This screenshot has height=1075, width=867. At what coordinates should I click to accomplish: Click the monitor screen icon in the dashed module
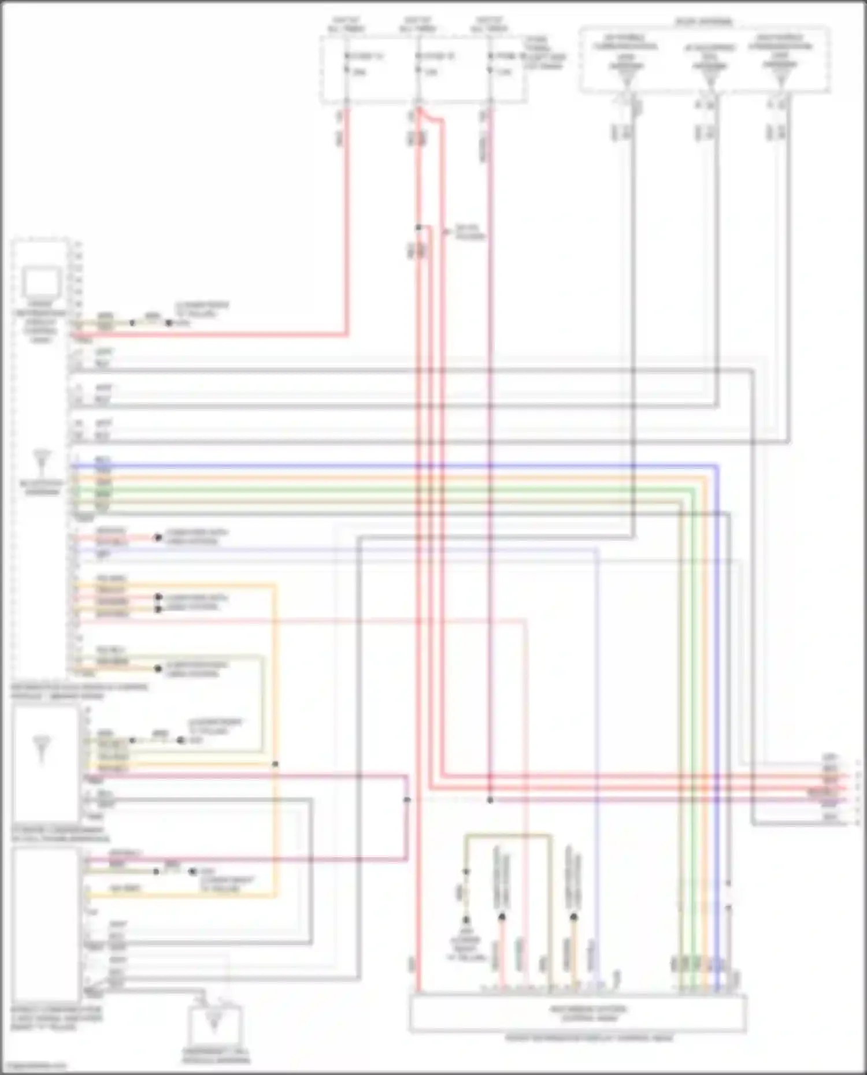pyautogui.click(x=42, y=283)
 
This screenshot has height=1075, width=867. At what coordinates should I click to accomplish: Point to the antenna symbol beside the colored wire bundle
pyautogui.click(x=43, y=462)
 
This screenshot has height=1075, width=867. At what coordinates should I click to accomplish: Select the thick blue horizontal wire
pyautogui.click(x=393, y=465)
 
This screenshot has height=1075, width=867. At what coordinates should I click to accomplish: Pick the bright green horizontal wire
pyautogui.click(x=393, y=490)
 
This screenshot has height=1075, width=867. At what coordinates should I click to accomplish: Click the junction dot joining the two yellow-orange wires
pyautogui.click(x=275, y=764)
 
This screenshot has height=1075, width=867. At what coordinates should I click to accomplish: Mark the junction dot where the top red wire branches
pyautogui.click(x=418, y=228)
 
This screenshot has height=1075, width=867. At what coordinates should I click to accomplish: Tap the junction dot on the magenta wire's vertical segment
pyautogui.click(x=407, y=799)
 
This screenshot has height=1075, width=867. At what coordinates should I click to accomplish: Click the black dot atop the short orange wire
pyautogui.click(x=573, y=917)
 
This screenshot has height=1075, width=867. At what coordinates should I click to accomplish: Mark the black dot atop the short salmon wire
pyautogui.click(x=502, y=917)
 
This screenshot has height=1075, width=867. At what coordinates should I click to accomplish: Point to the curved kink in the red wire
pyautogui.click(x=431, y=118)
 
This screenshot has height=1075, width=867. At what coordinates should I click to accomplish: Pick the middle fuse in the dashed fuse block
pyautogui.click(x=418, y=64)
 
